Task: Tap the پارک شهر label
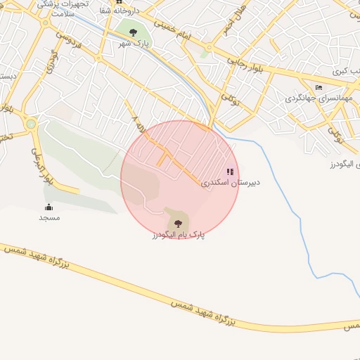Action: (134, 44)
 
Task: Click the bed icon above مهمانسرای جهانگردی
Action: (319, 87)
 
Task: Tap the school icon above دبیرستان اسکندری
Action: (230, 172)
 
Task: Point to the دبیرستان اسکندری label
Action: (231, 182)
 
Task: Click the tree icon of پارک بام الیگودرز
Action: (178, 223)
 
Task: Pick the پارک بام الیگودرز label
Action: (178, 234)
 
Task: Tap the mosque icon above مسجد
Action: (49, 207)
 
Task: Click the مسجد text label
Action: (49, 218)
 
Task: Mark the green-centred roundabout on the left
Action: (31, 124)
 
